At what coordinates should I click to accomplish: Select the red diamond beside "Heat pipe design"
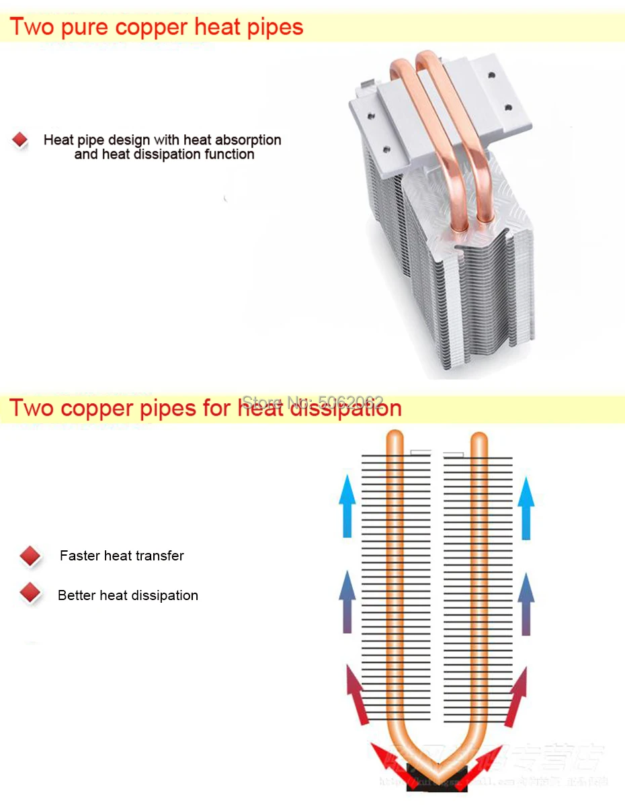click(20, 140)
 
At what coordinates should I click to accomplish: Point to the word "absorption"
click(246, 140)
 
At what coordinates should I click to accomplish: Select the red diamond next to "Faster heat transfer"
click(30, 556)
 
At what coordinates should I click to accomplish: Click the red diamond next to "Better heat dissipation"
click(30, 594)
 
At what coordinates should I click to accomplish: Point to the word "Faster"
click(80, 556)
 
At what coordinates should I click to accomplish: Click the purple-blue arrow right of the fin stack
click(526, 603)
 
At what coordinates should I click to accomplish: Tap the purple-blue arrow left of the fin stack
click(347, 603)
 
